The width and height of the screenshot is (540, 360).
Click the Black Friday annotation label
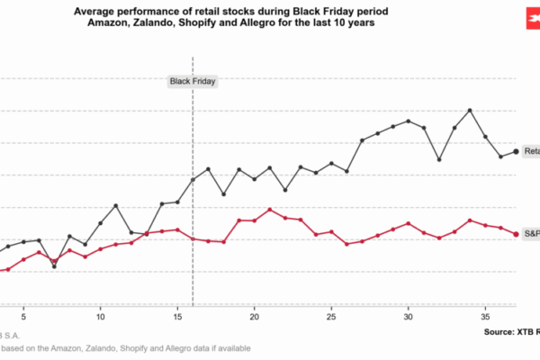pyautogui.click(x=193, y=81)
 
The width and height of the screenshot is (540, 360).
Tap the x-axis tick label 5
pyautogui.click(x=23, y=317)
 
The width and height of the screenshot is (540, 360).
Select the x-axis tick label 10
pyautogui.click(x=101, y=317)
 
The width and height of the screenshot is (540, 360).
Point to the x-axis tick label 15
pyautogui.click(x=177, y=317)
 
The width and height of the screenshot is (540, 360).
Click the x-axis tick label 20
pyautogui.click(x=255, y=317)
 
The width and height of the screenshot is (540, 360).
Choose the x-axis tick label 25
pyautogui.click(x=331, y=317)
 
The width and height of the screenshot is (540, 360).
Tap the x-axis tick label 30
pyautogui.click(x=409, y=317)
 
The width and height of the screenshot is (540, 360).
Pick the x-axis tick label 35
pyautogui.click(x=485, y=317)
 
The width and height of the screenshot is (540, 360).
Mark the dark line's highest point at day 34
pyautogui.click(x=470, y=110)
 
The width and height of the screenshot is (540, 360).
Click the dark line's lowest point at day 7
pyautogui.click(x=54, y=266)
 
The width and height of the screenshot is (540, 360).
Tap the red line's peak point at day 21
pyautogui.click(x=270, y=210)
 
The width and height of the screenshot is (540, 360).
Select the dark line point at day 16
pyautogui.click(x=193, y=180)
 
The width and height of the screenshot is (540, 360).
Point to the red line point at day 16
pyautogui.click(x=193, y=238)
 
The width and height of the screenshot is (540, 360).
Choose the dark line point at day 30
pyautogui.click(x=409, y=121)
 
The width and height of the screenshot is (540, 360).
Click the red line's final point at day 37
pyautogui.click(x=516, y=234)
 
